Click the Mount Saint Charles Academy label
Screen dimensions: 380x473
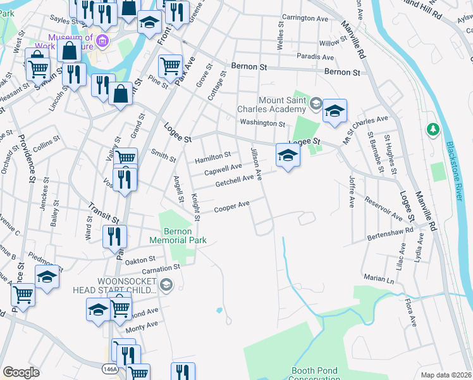pos(273,104)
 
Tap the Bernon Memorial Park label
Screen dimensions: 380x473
pos(178,236)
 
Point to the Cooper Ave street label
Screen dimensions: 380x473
pos(231,206)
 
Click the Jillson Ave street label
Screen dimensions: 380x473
pos(256,162)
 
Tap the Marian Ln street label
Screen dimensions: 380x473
pos(379,278)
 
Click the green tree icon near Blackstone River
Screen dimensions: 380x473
pos(433,130)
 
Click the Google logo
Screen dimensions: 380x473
pos(21,372)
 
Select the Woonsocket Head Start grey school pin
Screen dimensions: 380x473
pos(166,285)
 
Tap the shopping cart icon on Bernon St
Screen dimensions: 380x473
pos(170,65)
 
